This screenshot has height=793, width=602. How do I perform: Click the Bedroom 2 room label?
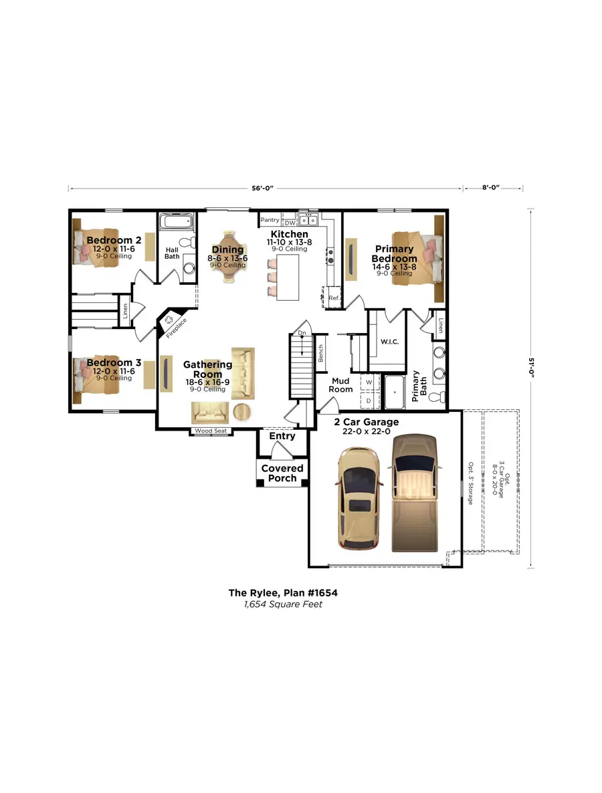(113, 240)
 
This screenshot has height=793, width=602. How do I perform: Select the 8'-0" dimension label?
(491, 189)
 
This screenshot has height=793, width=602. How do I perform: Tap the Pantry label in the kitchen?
(270, 219)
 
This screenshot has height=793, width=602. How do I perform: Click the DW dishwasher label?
(290, 222)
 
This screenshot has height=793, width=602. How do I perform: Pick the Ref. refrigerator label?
(333, 298)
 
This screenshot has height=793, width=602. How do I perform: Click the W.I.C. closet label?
(389, 342)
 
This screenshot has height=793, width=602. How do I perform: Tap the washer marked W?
(369, 383)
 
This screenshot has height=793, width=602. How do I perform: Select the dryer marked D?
(369, 401)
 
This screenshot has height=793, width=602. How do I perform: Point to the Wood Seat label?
(211, 431)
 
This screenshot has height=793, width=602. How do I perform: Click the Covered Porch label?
(282, 473)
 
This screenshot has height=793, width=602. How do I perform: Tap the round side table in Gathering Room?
(243, 411)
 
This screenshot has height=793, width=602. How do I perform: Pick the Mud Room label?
(340, 384)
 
